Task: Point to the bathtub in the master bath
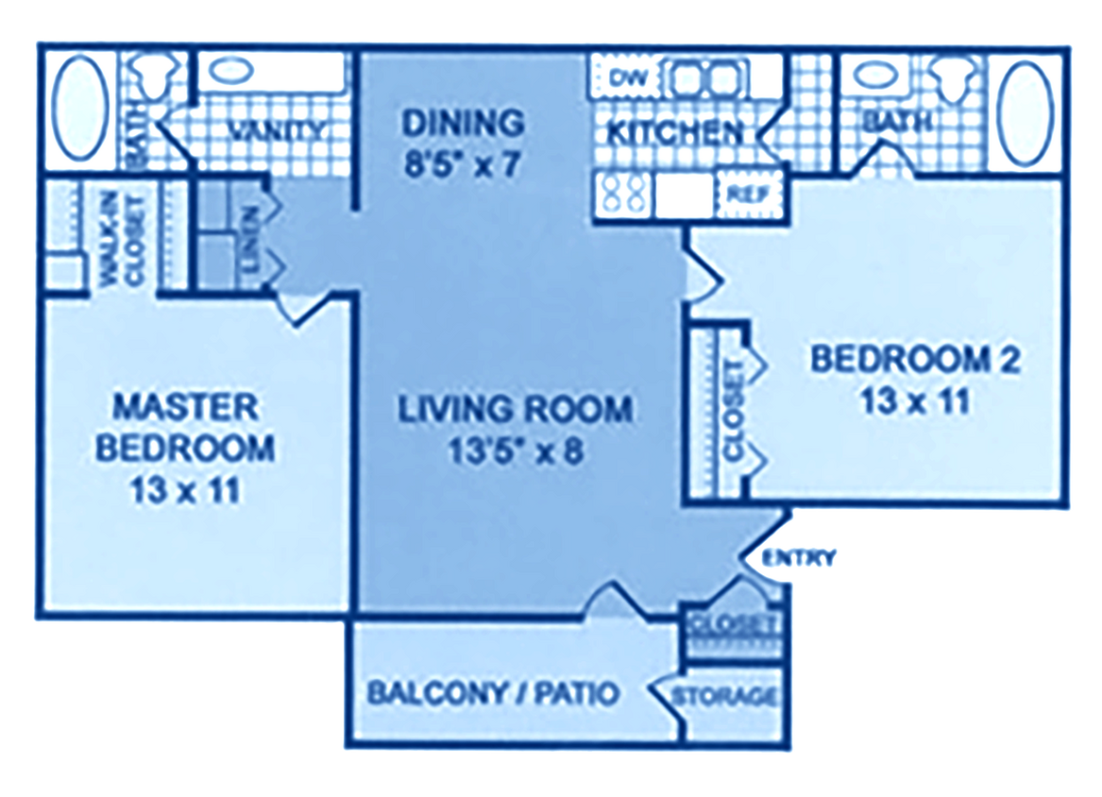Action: point(81,110)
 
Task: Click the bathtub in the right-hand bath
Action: point(1026,110)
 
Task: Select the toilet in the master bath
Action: point(151,76)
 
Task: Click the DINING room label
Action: point(462,123)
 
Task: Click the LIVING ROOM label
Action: point(514,410)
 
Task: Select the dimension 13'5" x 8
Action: point(514,450)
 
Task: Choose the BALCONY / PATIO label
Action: point(492,693)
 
